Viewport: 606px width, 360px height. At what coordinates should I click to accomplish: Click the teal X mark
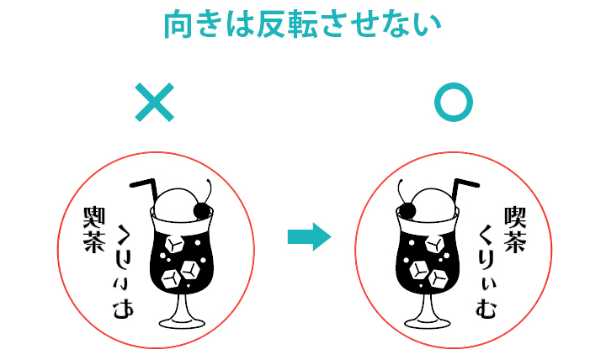[x=155, y=103]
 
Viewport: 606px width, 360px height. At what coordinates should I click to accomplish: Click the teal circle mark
[x=454, y=103]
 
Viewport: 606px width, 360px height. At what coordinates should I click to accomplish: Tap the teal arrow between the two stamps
[x=309, y=237]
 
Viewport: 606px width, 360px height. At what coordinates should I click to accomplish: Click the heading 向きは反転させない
[x=303, y=24]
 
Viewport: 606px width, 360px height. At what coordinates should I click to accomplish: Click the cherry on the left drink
[x=202, y=210]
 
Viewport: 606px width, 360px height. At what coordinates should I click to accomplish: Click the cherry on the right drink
[x=407, y=210]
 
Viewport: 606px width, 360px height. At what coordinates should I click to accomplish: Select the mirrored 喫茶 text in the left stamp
[x=94, y=230]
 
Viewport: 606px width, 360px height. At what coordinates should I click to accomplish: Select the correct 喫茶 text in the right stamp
[x=515, y=230]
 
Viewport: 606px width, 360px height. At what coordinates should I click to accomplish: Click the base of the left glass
[x=182, y=322]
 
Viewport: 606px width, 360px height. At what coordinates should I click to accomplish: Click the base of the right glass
[x=428, y=322]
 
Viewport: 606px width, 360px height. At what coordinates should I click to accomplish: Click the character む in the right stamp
[x=486, y=309]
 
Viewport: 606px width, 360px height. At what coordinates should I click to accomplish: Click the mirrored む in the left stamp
[x=123, y=309]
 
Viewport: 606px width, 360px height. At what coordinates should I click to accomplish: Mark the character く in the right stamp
[x=486, y=236]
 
